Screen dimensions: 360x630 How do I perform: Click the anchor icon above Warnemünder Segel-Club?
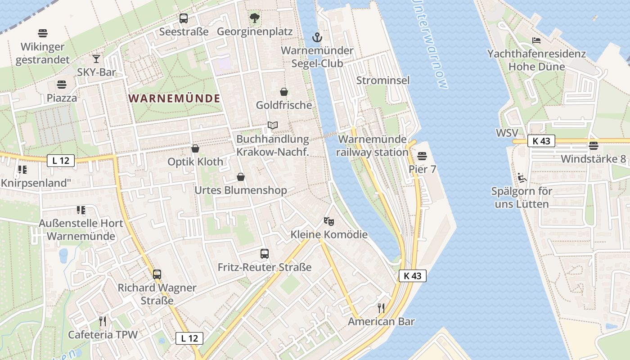pos(317,37)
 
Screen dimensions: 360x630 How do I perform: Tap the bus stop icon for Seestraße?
pos(184,18)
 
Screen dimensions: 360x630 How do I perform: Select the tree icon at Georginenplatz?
pos(255,18)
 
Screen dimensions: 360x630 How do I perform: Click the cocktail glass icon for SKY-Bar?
pos(96,58)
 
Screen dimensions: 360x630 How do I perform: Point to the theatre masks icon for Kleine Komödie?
pos(329,221)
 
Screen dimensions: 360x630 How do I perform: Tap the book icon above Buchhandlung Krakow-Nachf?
pos(272,125)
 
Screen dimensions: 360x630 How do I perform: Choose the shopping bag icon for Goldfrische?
pos(284,92)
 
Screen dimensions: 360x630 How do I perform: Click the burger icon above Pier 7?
pos(422,156)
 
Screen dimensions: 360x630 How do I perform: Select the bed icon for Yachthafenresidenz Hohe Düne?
pos(536,40)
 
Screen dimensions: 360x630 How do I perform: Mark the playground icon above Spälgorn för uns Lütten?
pos(522,178)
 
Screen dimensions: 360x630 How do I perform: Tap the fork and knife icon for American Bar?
pos(381,308)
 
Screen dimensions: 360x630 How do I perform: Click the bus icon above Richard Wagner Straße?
pos(157,274)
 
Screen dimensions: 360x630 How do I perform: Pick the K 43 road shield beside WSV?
pos(541,141)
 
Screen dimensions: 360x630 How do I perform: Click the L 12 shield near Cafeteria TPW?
pos(189,338)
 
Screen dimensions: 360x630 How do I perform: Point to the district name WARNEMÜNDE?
pos(175,98)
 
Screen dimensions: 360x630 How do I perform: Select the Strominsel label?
pos(383,80)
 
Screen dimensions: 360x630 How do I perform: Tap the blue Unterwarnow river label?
pos(431,43)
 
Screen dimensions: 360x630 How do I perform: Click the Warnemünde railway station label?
pos(372,146)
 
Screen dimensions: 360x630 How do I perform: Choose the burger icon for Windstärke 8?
pos(593,145)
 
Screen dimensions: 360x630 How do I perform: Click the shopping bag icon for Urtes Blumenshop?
pos(241,177)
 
